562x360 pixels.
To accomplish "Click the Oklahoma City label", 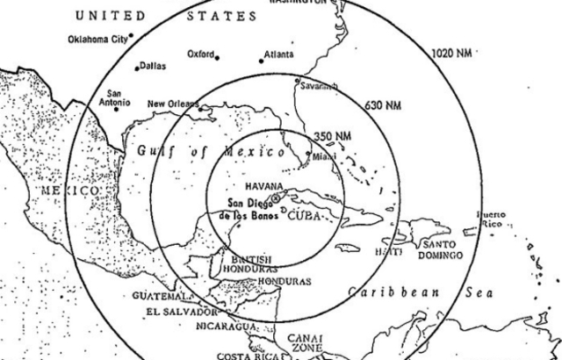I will click(x=97, y=40).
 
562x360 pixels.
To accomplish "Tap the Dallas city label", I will click(x=152, y=65).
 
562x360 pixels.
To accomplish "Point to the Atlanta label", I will click(x=277, y=54).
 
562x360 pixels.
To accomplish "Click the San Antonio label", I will click(x=120, y=97).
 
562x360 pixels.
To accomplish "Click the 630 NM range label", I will click(x=382, y=105).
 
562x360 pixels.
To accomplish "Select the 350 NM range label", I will click(x=332, y=136).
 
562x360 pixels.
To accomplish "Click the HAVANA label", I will click(x=263, y=186).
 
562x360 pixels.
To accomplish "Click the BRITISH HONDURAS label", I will click(x=256, y=265).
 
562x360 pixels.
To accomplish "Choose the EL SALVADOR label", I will click(x=182, y=312).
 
